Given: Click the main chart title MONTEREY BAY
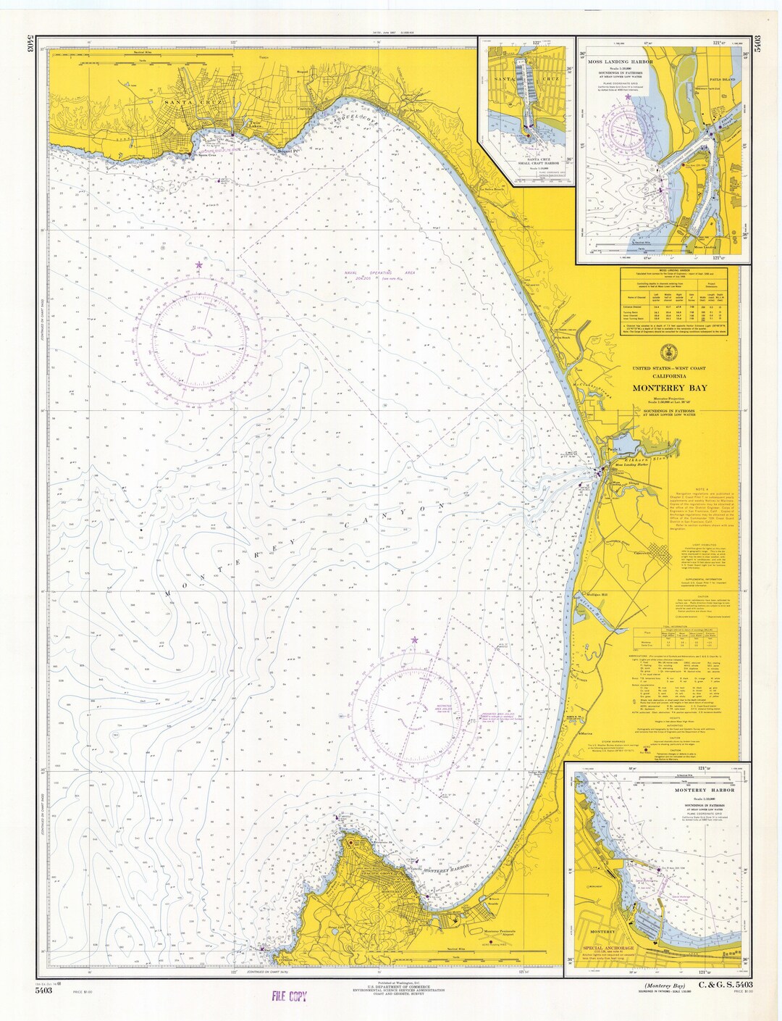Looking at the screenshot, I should click(670, 388).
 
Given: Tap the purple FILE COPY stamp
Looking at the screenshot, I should click(290, 996).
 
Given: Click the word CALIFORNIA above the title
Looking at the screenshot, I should click(670, 375).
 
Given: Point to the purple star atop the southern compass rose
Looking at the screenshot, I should click(414, 641).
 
